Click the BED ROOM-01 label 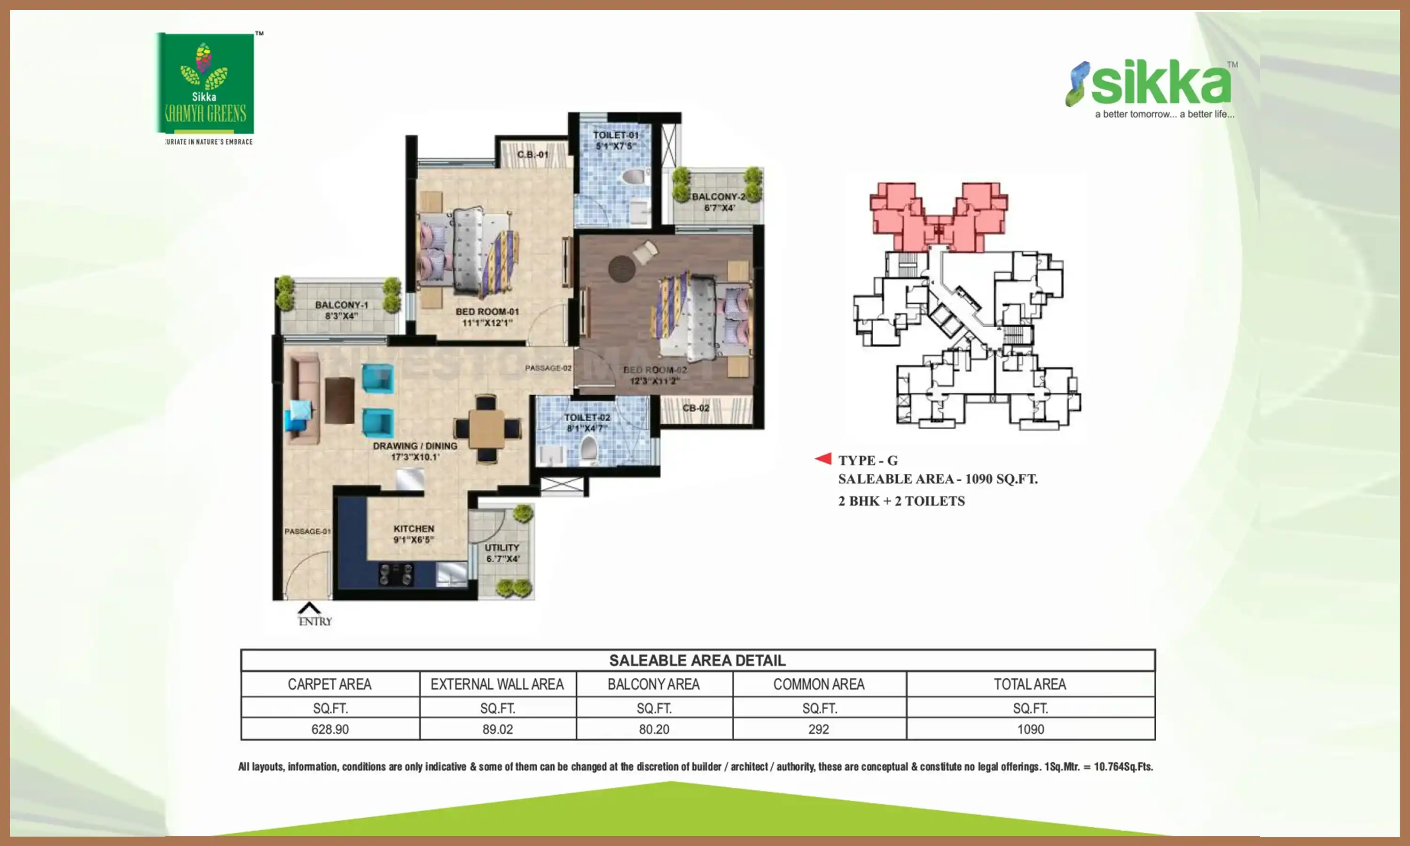[487, 317]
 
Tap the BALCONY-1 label [341, 310]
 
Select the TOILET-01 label [616, 140]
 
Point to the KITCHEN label [414, 533]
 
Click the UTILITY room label [502, 552]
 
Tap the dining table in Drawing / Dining [487, 429]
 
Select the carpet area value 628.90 [330, 729]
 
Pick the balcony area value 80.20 [654, 729]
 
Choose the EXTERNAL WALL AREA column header [497, 684]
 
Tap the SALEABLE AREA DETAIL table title [697, 660]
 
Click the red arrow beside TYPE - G [823, 458]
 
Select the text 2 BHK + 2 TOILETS [901, 501]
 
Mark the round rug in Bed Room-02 [621, 268]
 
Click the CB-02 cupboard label [696, 408]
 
